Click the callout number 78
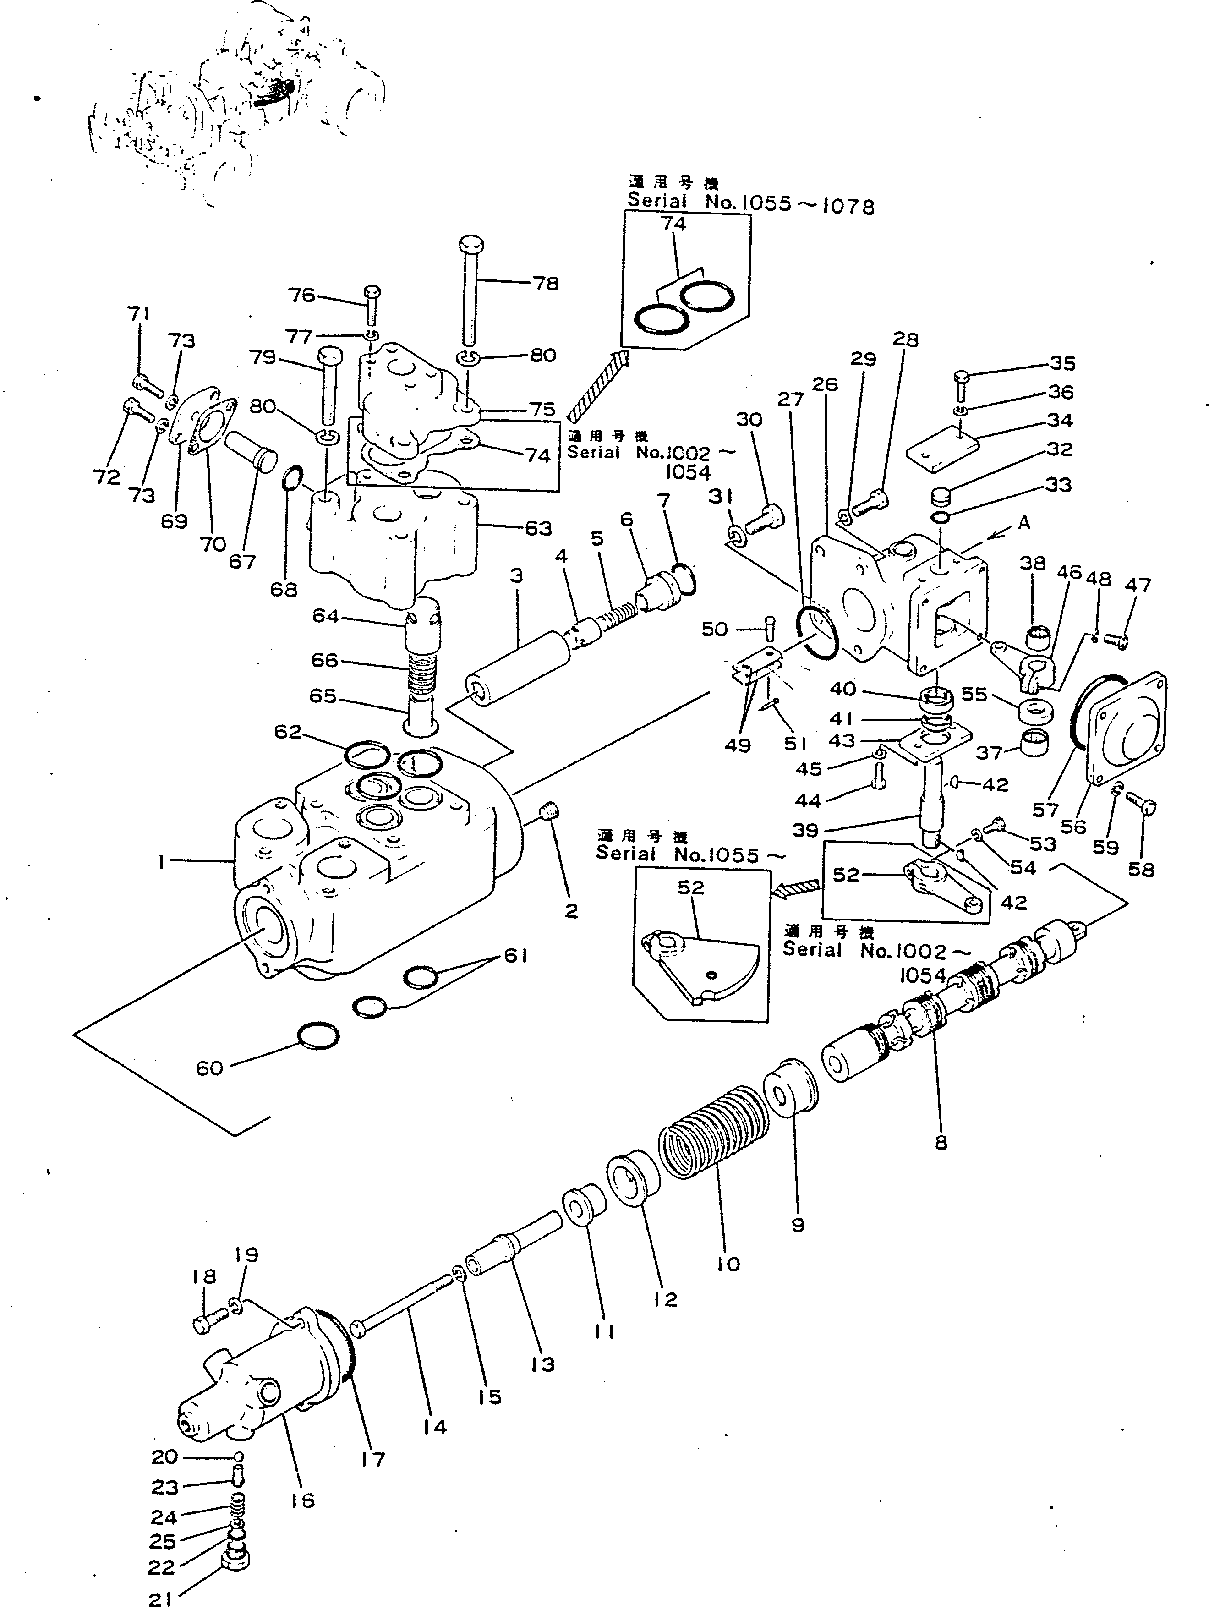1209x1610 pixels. [546, 284]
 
